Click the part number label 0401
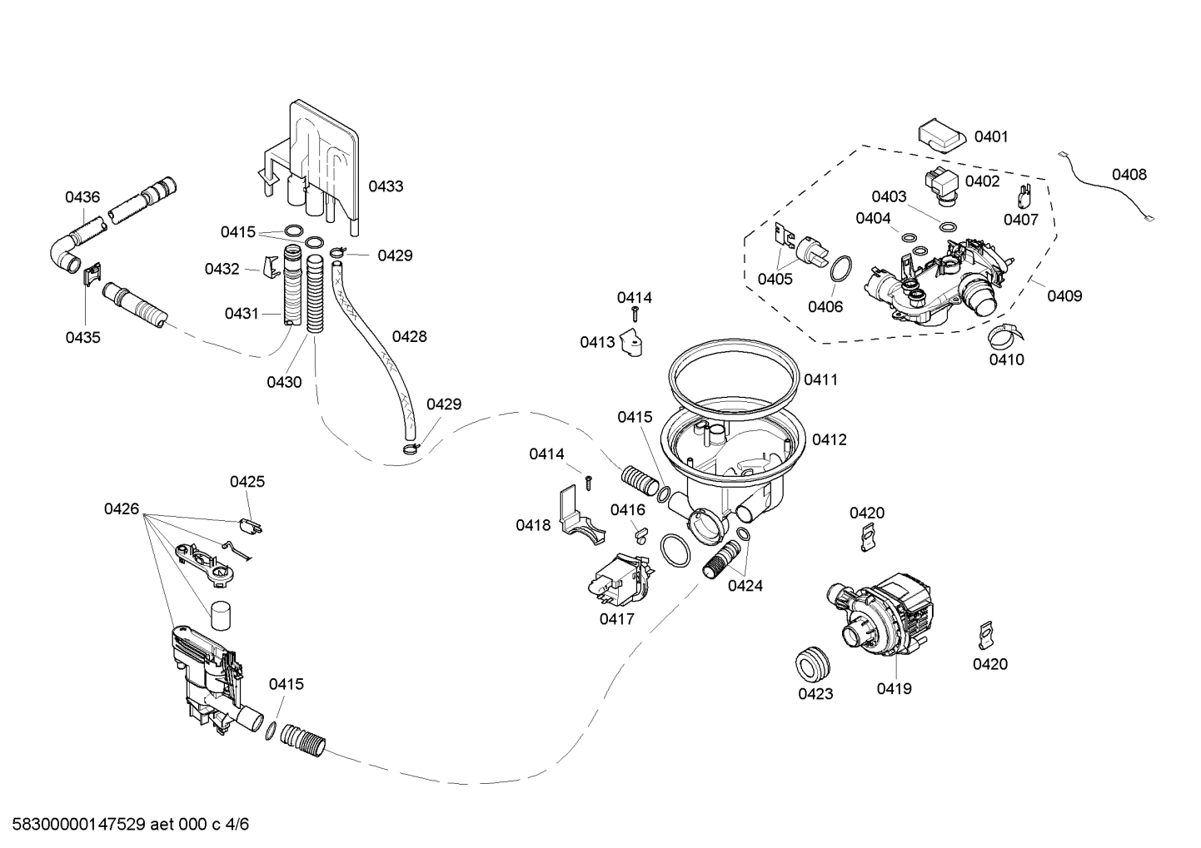tap(991, 136)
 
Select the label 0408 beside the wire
tap(1129, 175)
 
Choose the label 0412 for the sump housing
tap(829, 439)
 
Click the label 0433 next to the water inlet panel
tap(386, 186)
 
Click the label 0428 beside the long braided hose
tap(409, 336)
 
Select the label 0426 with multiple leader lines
tap(122, 508)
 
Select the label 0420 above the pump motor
tap(867, 513)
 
